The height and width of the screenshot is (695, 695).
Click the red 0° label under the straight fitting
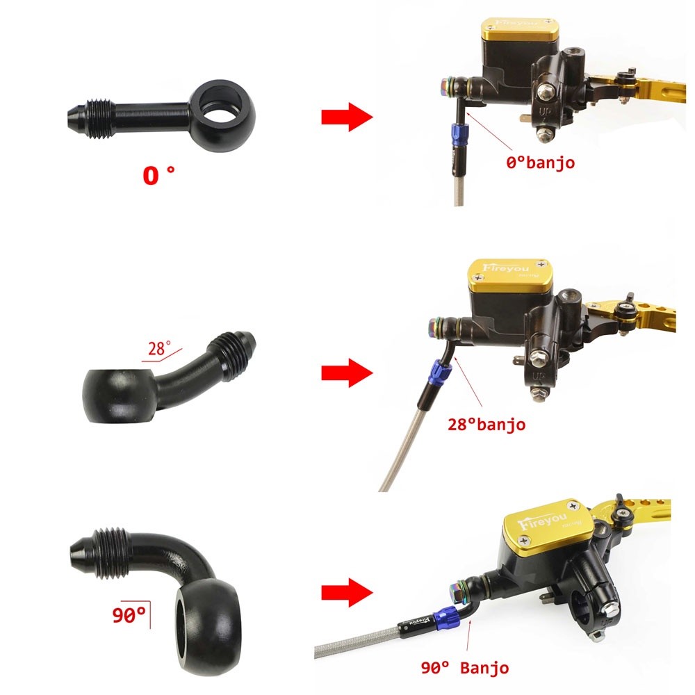tap(158, 175)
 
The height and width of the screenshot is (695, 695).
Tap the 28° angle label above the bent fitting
tap(159, 348)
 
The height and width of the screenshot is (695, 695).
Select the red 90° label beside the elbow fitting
tap(129, 615)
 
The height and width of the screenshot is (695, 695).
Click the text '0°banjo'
tap(540, 162)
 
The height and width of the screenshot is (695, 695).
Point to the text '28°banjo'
tap(486, 424)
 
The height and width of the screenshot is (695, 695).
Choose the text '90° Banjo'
tap(465, 667)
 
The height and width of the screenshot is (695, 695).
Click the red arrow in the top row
tap(347, 117)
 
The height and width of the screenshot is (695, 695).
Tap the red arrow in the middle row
tap(347, 373)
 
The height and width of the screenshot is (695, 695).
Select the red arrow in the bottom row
tap(347, 592)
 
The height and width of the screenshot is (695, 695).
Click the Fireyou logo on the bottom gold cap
tap(542, 521)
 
